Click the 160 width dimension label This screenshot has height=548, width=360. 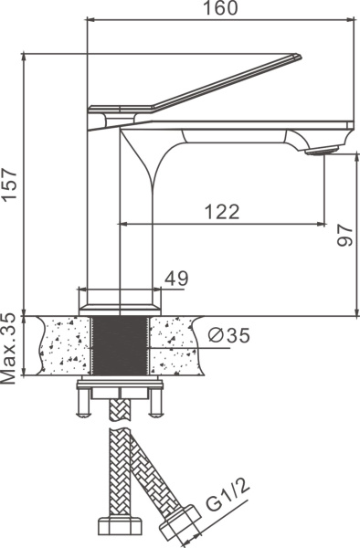click(220, 8)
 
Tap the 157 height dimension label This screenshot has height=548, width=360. click(9, 184)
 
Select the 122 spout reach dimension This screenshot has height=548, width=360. click(222, 212)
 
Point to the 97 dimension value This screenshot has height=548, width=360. click(345, 235)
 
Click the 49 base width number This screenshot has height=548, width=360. click(176, 279)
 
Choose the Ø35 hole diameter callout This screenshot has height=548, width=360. click(229, 335)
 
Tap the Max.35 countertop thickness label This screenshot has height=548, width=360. click(9, 349)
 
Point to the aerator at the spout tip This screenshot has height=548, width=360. click(322, 151)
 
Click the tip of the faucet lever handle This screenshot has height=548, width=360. click(301, 56)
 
